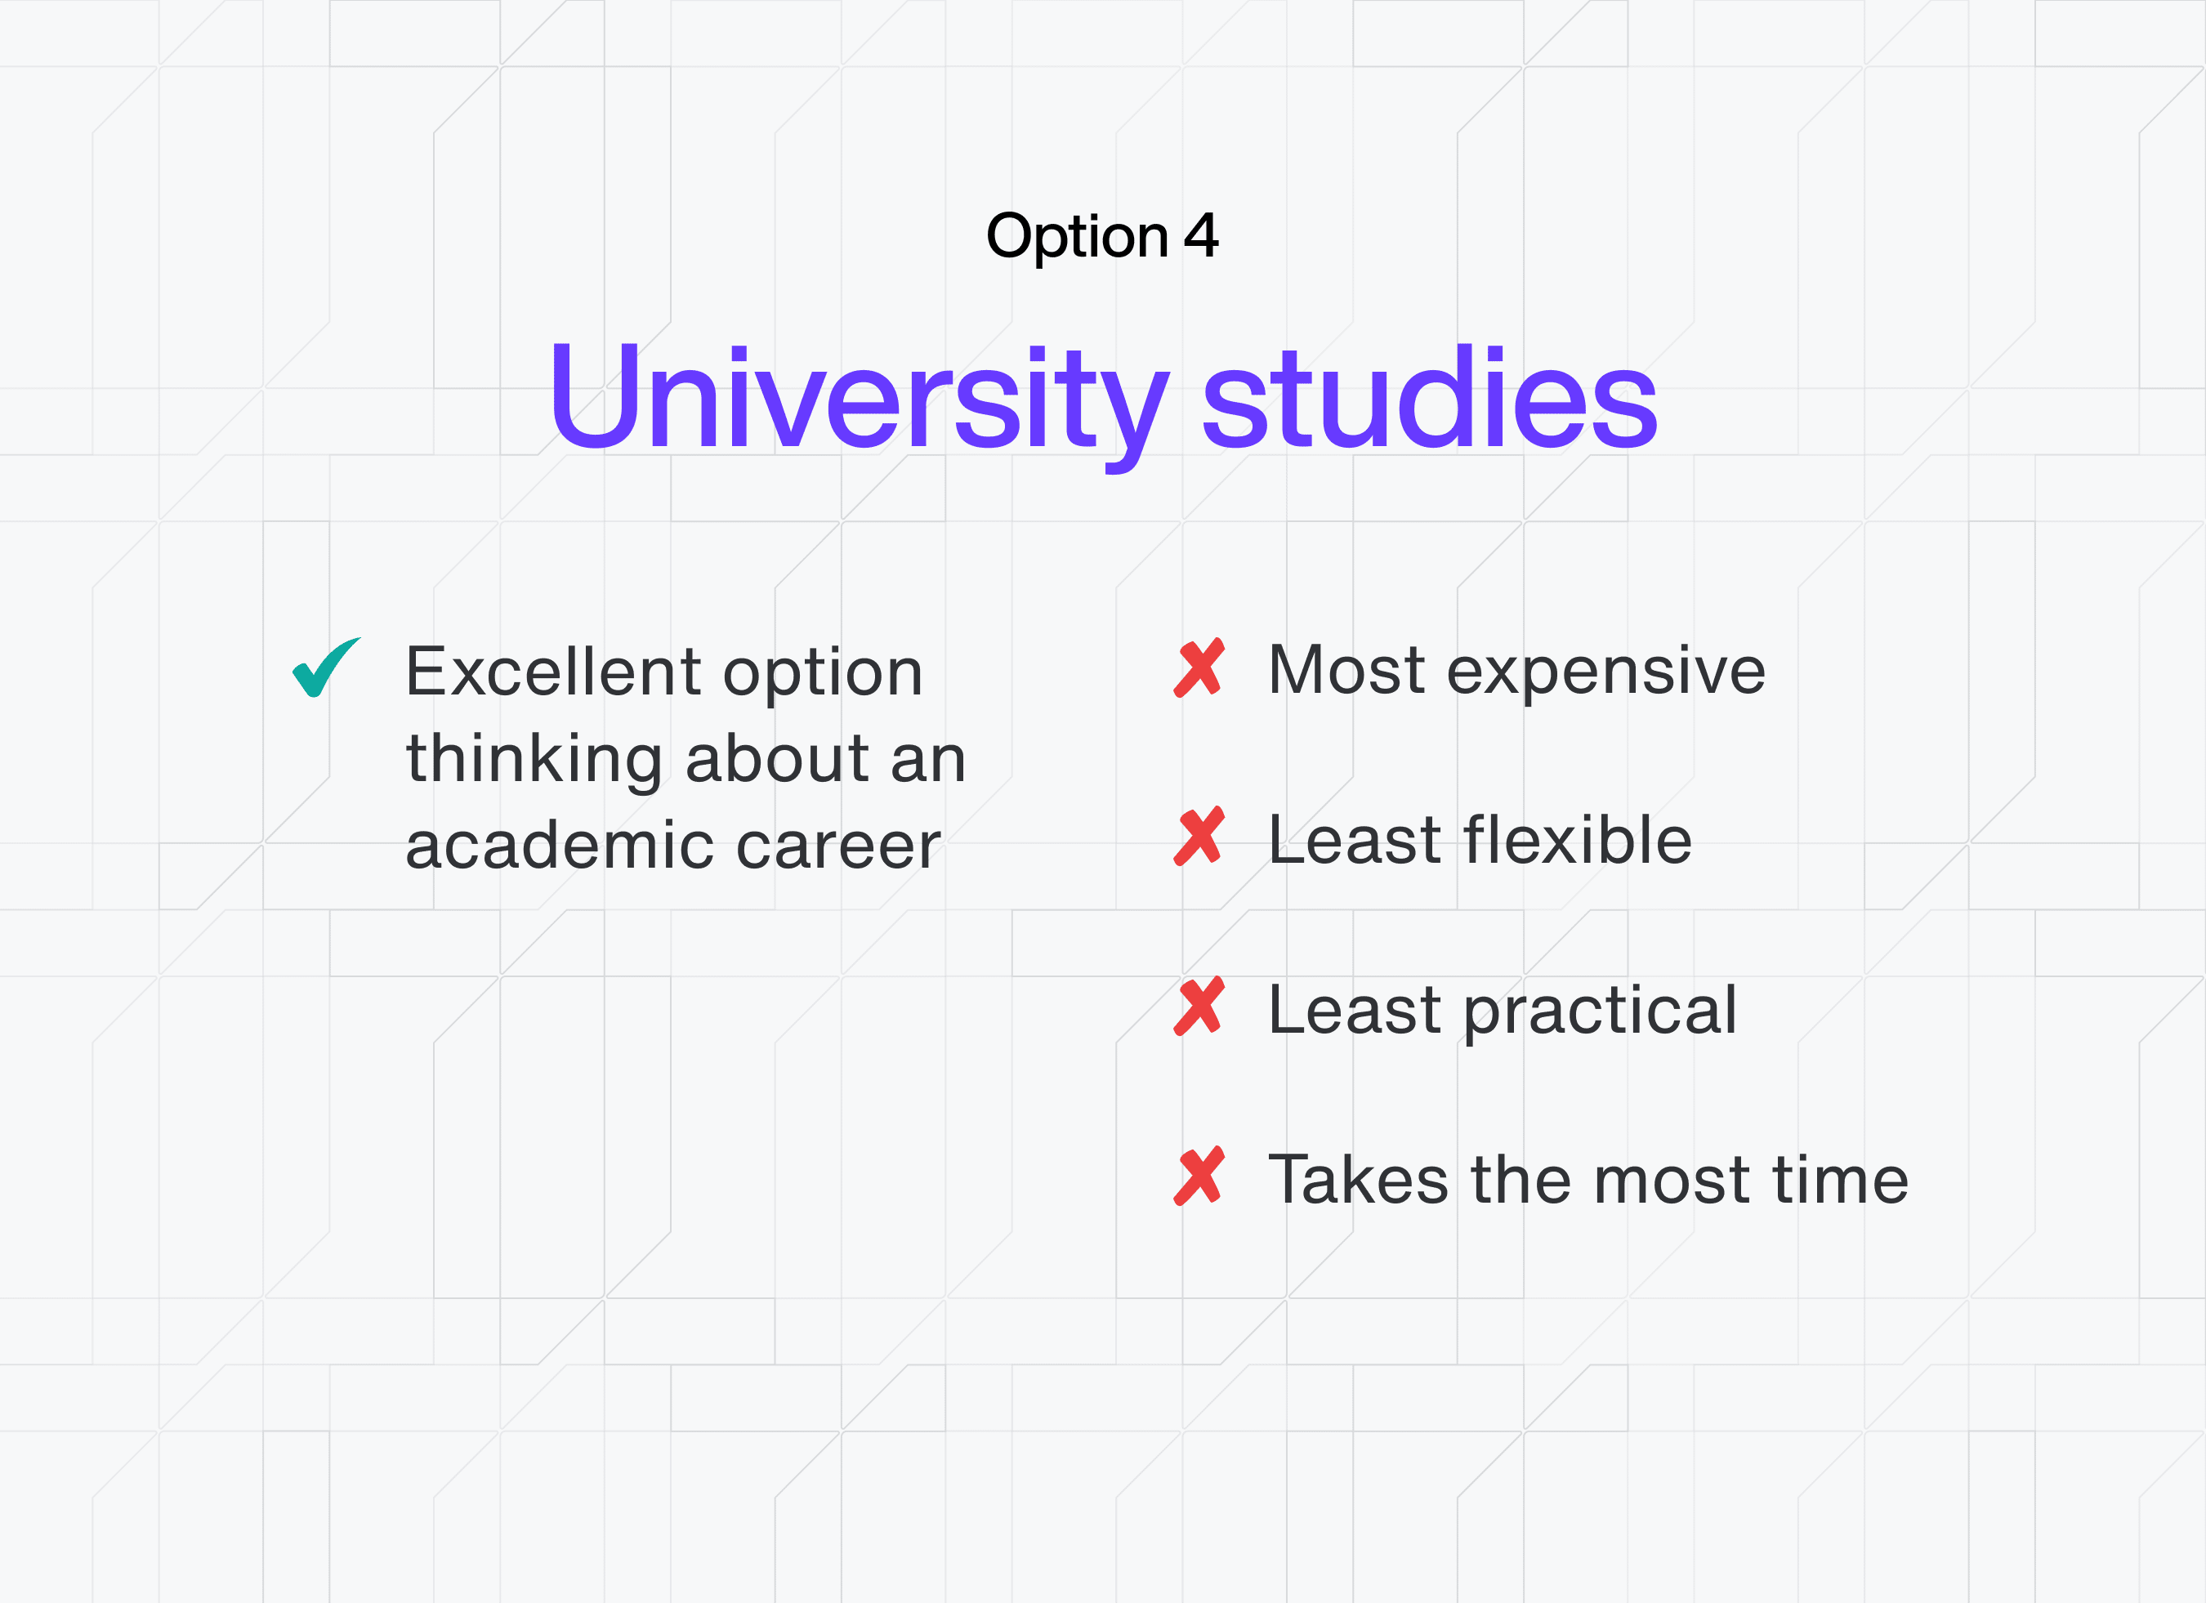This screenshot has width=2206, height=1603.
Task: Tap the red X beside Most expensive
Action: click(1199, 668)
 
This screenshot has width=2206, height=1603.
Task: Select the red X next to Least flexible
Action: click(1199, 837)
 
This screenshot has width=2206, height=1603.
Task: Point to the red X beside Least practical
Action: click(1199, 1007)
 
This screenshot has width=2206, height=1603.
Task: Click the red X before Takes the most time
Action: click(1199, 1177)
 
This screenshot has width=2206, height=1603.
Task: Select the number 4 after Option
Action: click(1201, 235)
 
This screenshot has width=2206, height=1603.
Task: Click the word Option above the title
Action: click(1077, 237)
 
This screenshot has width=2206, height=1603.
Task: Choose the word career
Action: click(838, 846)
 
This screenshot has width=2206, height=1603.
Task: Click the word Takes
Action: click(1359, 1179)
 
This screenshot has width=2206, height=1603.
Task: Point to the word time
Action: click(1842, 1179)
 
